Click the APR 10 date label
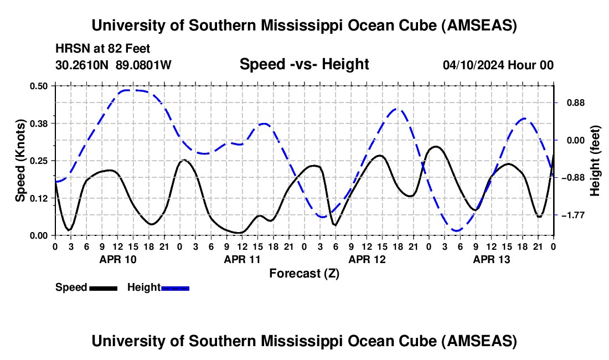coord(117,259)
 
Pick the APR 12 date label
coord(367,259)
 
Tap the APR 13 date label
coord(491,259)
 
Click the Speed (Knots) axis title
coord(20,160)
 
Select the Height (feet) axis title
coord(595,160)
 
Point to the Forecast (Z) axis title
coord(304,273)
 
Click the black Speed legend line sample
coord(103,288)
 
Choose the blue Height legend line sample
coord(175,288)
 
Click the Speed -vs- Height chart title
coord(304,64)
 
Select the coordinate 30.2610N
coord(83,65)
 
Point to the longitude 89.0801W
coord(143,65)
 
